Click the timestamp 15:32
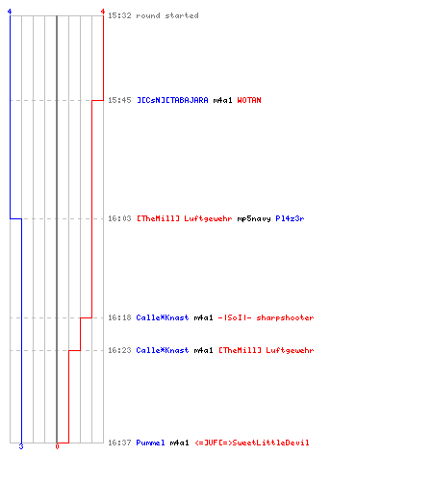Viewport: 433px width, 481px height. point(119,15)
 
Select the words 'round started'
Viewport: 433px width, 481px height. point(167,15)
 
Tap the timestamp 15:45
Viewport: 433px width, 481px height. point(119,100)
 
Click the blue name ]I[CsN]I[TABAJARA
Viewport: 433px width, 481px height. point(172,100)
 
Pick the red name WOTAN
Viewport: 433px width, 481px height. point(249,100)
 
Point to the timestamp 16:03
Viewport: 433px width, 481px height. point(119,218)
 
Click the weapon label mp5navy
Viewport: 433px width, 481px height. point(254,218)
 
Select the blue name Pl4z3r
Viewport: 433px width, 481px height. point(290,218)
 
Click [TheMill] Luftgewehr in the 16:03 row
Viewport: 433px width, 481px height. point(185,218)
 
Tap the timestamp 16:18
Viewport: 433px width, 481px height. point(119,317)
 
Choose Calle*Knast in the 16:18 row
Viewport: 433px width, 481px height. point(163,317)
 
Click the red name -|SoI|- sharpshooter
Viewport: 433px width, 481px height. point(266,317)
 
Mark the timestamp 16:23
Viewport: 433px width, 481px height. point(119,350)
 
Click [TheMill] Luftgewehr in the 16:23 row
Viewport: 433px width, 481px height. point(267,350)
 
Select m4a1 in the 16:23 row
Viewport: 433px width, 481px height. point(203,350)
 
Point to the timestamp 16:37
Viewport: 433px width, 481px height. point(119,443)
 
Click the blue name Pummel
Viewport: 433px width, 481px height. point(150,443)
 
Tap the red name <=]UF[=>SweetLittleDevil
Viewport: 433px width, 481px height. point(252,443)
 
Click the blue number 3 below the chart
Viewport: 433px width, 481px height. point(21,446)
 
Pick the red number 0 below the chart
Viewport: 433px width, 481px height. point(57,446)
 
